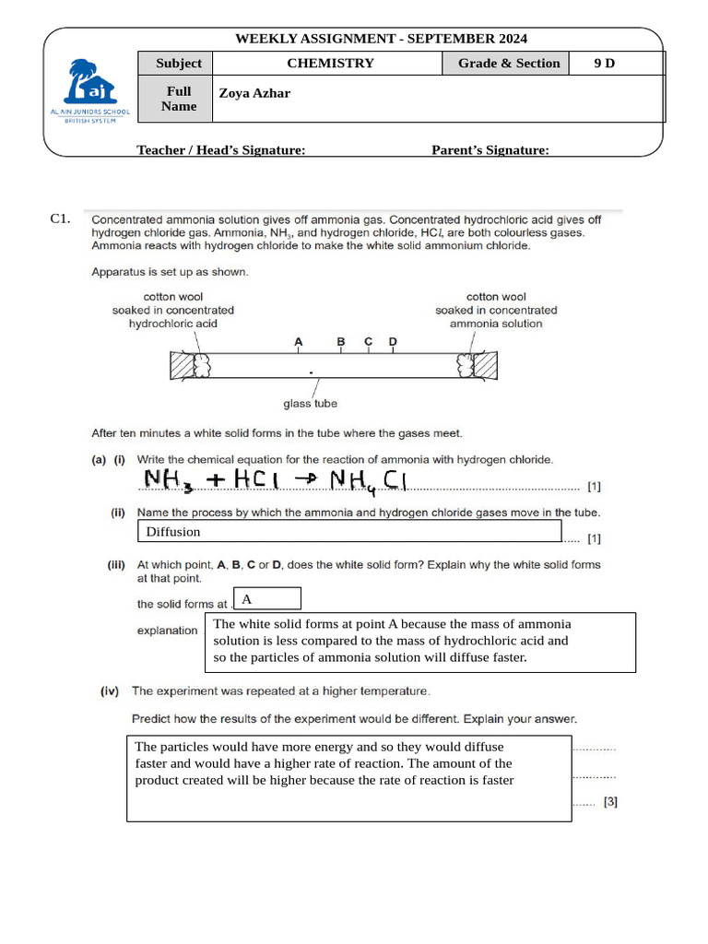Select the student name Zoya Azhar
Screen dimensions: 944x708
[254, 93]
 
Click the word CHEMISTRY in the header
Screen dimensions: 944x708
[330, 64]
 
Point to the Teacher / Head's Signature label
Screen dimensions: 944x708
[221, 150]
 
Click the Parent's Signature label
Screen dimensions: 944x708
[490, 150]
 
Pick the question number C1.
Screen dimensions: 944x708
[61, 219]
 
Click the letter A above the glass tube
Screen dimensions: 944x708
[298, 342]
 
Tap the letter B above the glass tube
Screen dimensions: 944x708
[341, 342]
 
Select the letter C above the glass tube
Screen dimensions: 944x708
[368, 342]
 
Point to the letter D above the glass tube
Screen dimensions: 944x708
[393, 342]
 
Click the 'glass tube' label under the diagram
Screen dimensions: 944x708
[310, 403]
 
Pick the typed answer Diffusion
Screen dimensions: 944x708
[173, 532]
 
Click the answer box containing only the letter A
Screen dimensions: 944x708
[267, 599]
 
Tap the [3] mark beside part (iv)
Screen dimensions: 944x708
[610, 802]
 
